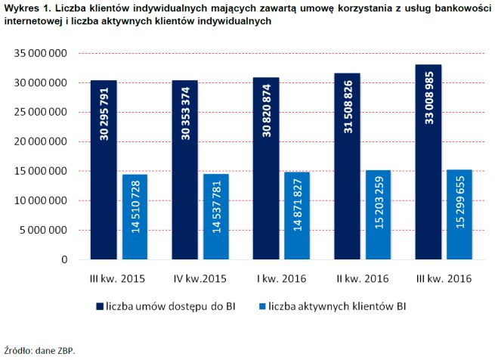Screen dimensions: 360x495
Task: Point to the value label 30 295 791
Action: coord(104,113)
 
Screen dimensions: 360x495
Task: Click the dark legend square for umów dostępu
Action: coord(100,306)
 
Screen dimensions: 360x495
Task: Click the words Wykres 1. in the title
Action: coord(24,7)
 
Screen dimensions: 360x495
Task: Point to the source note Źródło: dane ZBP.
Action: coord(39,350)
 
